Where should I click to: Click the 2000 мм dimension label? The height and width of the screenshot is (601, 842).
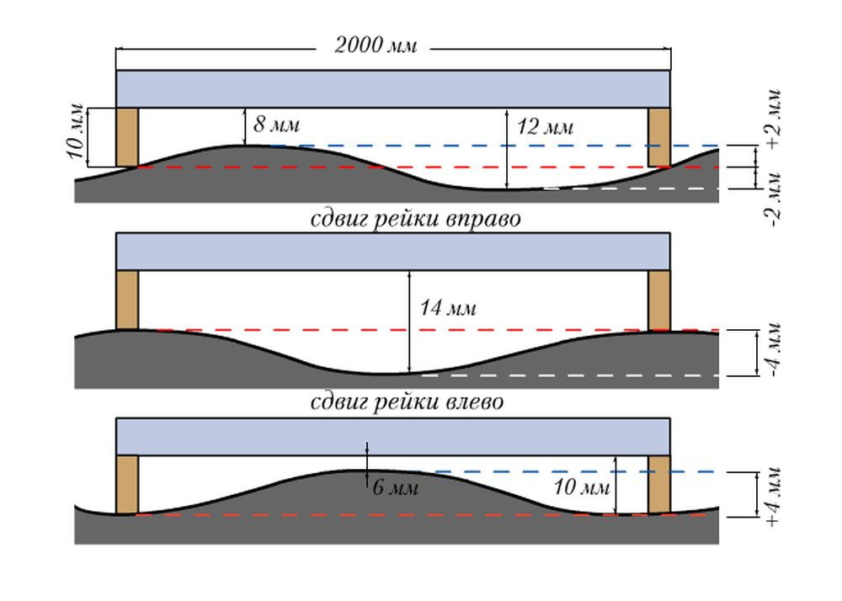[x=376, y=45]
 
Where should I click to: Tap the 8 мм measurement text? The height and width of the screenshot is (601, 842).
[x=276, y=126]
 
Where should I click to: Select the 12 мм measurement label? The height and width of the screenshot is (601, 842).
[x=545, y=128]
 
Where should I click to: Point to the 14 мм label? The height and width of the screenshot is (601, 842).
[x=448, y=309]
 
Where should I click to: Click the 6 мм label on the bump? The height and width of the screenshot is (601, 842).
[x=395, y=487]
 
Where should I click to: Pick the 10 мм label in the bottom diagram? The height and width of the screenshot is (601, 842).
[x=582, y=487]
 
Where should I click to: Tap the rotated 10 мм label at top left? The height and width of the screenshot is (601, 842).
[x=77, y=135]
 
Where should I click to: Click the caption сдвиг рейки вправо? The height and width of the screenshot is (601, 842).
[x=416, y=219]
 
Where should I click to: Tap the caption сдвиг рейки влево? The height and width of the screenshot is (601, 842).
[x=408, y=402]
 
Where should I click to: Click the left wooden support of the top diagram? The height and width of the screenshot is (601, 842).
[x=127, y=137]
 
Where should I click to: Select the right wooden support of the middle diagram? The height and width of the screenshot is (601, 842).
[x=659, y=300]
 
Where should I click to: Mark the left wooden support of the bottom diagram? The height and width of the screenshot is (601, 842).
[x=127, y=484]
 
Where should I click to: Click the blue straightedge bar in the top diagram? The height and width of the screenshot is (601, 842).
[x=392, y=88]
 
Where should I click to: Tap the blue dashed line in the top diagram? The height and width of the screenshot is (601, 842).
[x=505, y=146]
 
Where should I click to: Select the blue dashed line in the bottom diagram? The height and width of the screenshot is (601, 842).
[x=573, y=472]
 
